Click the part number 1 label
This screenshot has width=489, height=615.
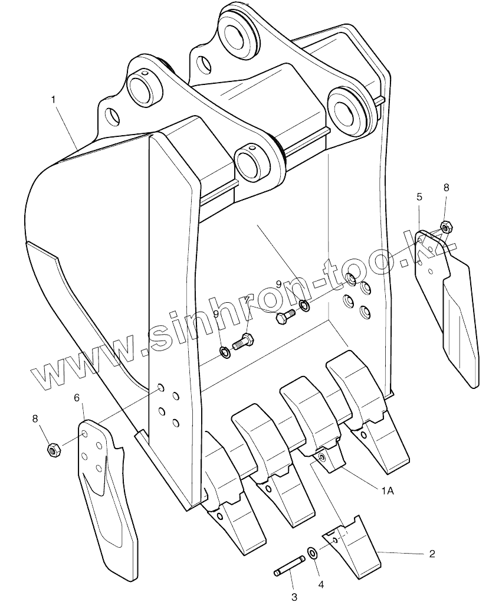(54, 100)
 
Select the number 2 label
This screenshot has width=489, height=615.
(432, 554)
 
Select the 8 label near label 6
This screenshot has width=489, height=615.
(35, 418)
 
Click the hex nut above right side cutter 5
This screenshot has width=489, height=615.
(446, 225)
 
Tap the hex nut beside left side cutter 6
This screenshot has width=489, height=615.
(52, 451)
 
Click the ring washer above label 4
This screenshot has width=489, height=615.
(311, 554)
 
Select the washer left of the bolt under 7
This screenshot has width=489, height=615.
(225, 353)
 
